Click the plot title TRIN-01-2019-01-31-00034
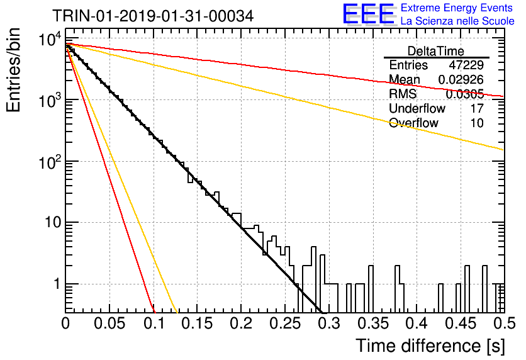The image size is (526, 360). coord(153,16)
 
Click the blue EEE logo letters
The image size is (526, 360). coord(368,14)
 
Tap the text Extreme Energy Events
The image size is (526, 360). coord(457,8)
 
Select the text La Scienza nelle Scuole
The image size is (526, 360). coord(457,21)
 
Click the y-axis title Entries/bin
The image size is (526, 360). coord(13,70)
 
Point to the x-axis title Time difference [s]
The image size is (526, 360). coord(430,346)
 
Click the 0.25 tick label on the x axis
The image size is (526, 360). coord(285,323)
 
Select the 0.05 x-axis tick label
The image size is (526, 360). coord(109,323)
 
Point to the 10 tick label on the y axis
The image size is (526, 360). coord(53,222)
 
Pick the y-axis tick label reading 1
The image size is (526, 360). coord(57,284)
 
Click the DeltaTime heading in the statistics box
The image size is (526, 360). coord(435,51)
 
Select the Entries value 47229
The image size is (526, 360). coord(466,65)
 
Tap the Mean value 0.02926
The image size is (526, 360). coord(461,79)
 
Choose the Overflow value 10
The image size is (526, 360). coord(477,123)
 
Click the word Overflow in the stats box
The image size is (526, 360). coord(413,123)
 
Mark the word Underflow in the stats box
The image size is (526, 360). coord(417,108)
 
